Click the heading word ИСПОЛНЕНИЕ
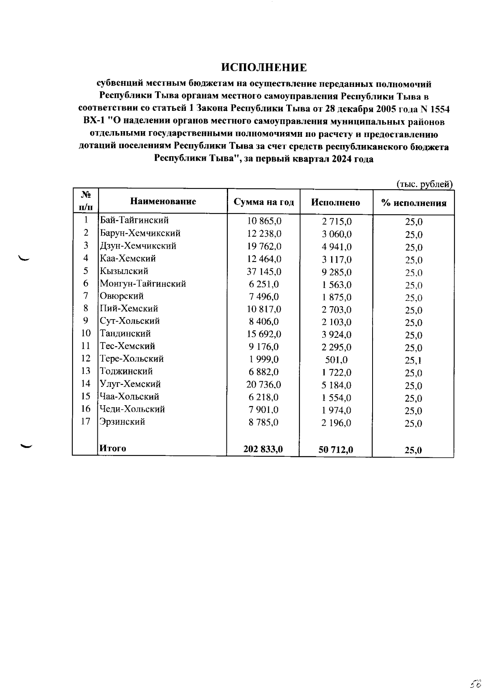264,67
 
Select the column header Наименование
163,201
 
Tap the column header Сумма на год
264,202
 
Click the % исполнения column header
414,203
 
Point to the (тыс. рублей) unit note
424,184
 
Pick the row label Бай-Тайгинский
134,220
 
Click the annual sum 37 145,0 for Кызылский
264,271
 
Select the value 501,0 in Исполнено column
336,360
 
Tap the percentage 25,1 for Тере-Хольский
414,360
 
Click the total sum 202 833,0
263,449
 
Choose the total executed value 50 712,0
336,449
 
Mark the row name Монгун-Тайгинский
143,284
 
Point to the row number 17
85,421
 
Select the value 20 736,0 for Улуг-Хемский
264,384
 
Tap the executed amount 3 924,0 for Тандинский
336,335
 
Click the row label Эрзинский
123,422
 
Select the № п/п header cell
86,201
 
